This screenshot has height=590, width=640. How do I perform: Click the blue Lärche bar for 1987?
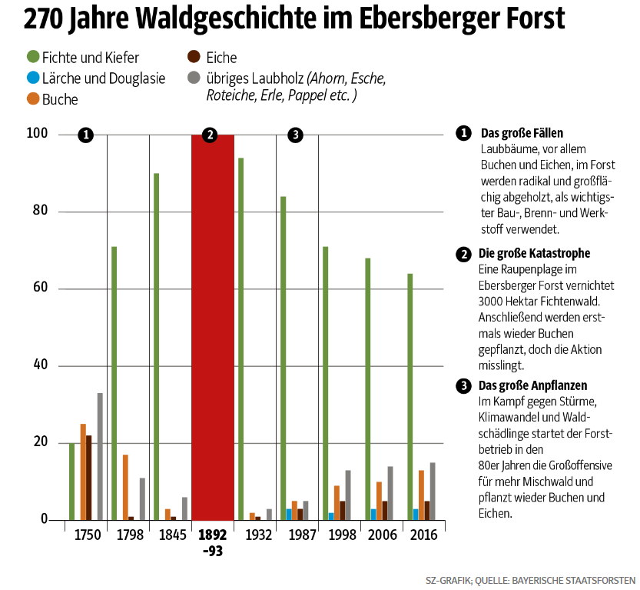(289, 515)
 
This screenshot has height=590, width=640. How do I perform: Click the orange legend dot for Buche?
(33, 98)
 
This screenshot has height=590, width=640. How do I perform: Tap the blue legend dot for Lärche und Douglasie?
(33, 78)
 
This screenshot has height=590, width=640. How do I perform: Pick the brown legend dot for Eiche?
(194, 57)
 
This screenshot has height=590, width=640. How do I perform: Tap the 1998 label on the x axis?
(340, 535)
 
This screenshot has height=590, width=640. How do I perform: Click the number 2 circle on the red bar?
(209, 135)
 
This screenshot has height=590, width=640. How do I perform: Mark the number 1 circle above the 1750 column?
(85, 135)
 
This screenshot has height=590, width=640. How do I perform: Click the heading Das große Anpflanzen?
(532, 385)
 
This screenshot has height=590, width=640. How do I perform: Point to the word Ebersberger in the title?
(437, 18)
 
